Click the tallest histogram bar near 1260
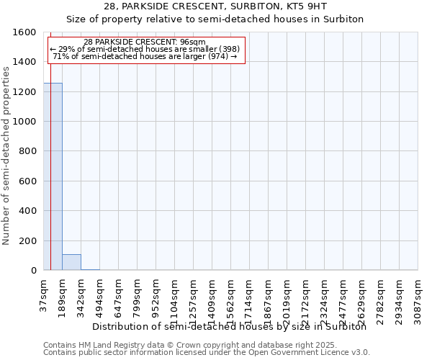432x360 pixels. point(53,176)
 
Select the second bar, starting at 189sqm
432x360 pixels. point(71,262)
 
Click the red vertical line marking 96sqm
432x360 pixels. point(50,180)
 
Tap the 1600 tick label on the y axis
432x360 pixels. point(24,32)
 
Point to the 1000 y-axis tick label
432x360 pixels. point(24,122)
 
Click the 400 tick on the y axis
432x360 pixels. point(27,211)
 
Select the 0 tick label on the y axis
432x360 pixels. point(33,271)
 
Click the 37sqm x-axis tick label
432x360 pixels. point(43,294)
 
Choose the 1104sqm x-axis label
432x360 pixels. point(174,298)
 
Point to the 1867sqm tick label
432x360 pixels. point(268,298)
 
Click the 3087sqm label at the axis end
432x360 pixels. point(418,298)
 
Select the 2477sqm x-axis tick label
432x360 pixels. point(343,298)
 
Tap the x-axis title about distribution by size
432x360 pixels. point(230,326)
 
